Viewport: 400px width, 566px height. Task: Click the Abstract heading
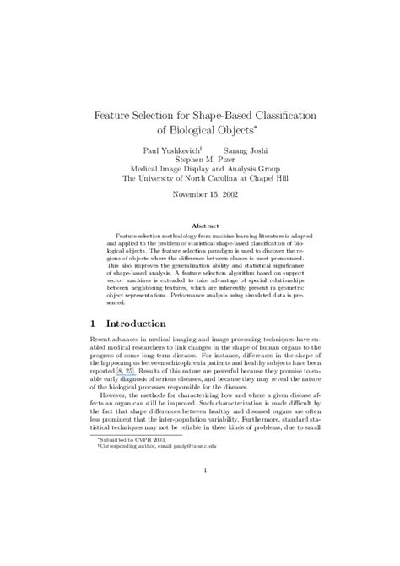point(200,226)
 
